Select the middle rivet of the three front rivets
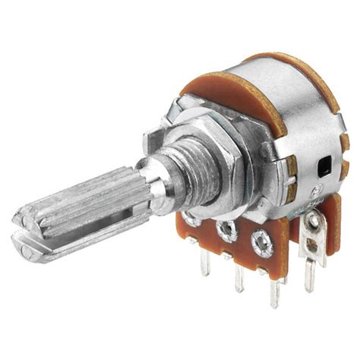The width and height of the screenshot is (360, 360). click(x=226, y=228)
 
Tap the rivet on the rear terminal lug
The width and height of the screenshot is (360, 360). click(x=312, y=222)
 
